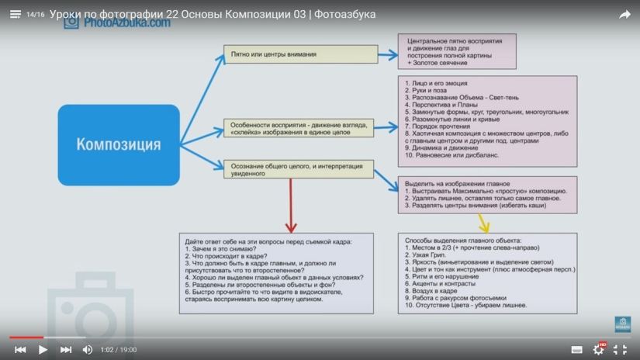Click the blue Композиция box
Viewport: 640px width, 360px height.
(119, 145)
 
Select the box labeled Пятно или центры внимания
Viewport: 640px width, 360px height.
(301, 54)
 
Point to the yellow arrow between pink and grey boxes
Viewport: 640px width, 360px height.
(484, 223)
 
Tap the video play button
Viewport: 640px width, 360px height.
(43, 350)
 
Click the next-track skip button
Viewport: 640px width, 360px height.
(66, 350)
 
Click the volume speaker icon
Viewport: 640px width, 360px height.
(88, 350)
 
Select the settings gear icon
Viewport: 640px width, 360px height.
(598, 350)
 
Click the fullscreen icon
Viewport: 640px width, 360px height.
(620, 350)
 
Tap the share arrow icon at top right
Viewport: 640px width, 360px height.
(624, 14)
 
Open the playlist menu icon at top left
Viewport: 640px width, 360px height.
(15, 14)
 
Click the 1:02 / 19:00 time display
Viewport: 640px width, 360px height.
(119, 350)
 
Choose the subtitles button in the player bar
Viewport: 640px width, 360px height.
(576, 350)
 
